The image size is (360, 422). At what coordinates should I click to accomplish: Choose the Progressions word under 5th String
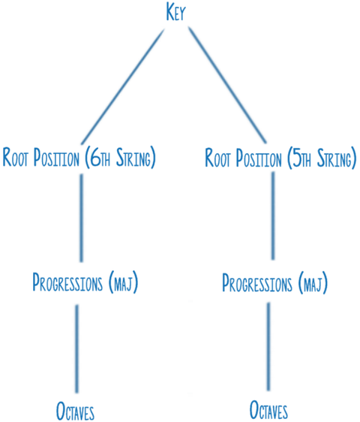pos(260,284)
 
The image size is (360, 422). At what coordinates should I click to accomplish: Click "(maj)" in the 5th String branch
pos(315,285)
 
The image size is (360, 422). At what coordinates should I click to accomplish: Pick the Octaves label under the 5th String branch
pos(268,410)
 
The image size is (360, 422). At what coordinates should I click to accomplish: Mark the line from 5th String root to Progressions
pos(271,217)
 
